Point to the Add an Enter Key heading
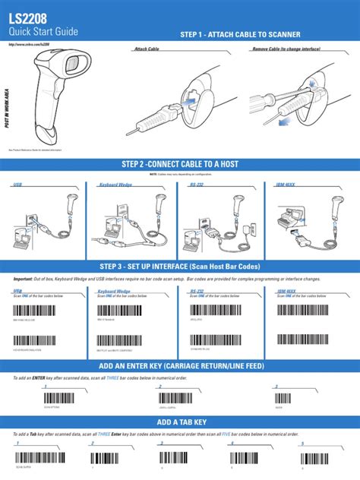(180, 366)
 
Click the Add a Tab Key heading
(180, 422)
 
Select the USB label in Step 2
(17, 184)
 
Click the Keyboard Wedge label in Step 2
(115, 184)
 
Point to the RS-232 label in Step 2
(196, 184)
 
